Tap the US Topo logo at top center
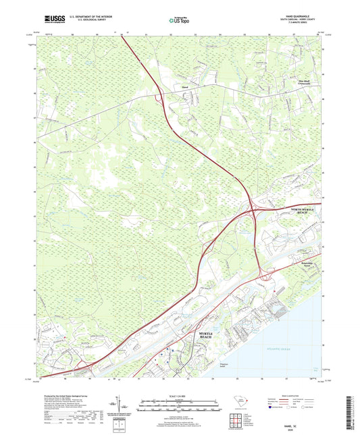click(x=179, y=22)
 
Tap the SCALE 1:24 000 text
click(x=180, y=395)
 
